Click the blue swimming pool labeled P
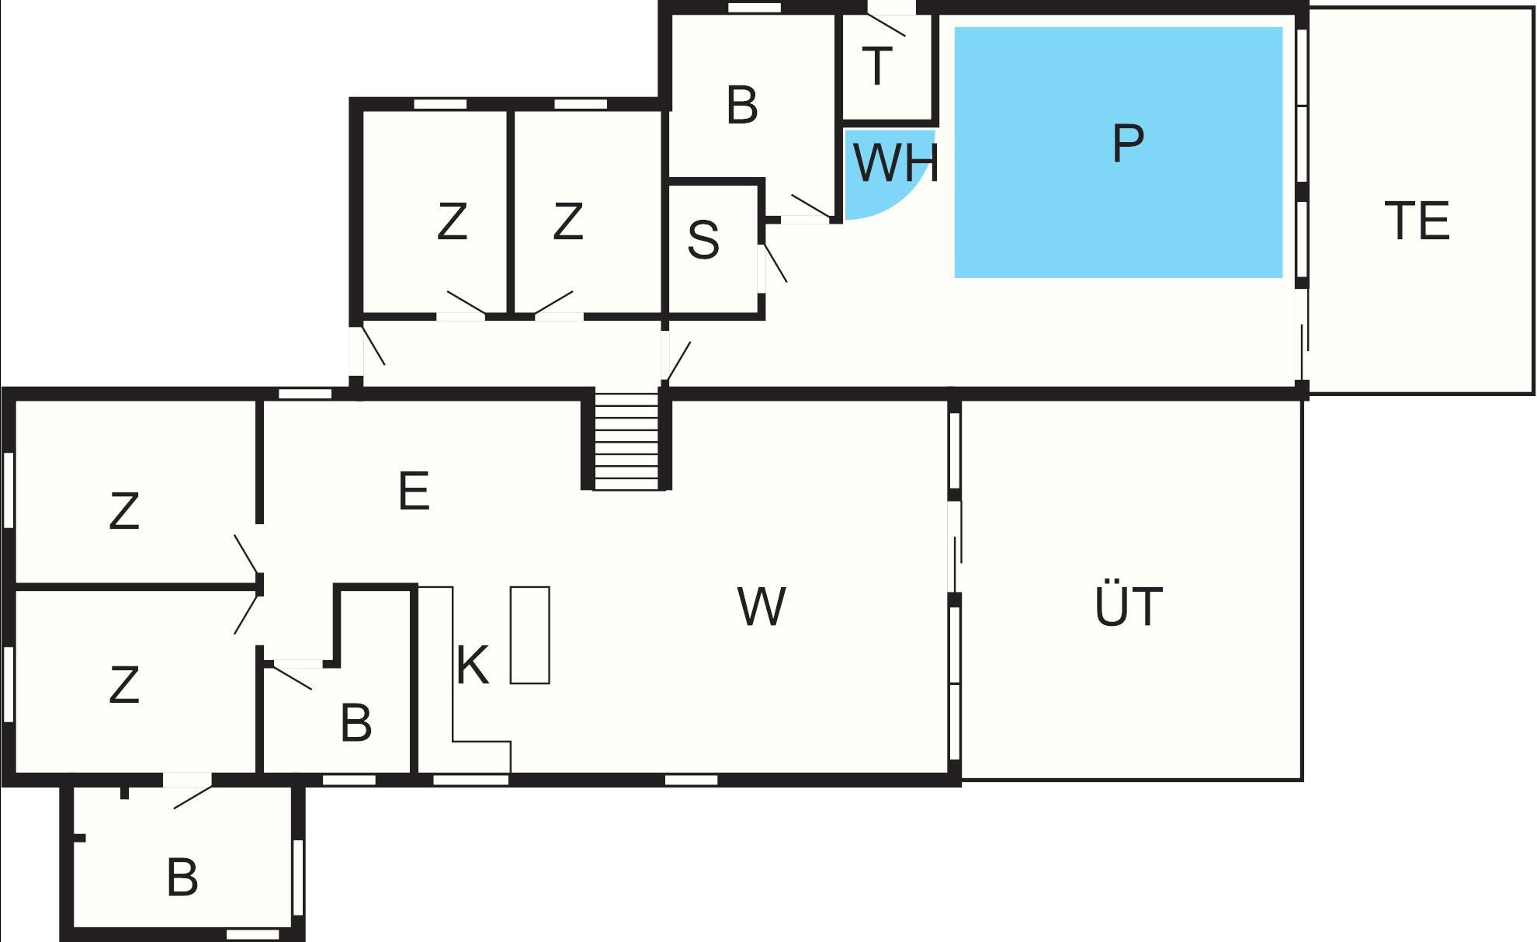pos(1118,152)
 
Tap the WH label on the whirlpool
pos(896,162)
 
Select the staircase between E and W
pos(626,441)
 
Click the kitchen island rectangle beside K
pos(530,635)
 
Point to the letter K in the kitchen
pos(472,665)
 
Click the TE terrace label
pos(1417,221)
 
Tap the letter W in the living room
pos(762,607)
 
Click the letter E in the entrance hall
pos(413,491)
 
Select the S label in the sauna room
pos(703,240)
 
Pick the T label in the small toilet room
pos(877,66)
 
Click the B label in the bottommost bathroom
pos(182,878)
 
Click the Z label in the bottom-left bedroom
pos(124,685)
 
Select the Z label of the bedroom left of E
pos(124,511)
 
